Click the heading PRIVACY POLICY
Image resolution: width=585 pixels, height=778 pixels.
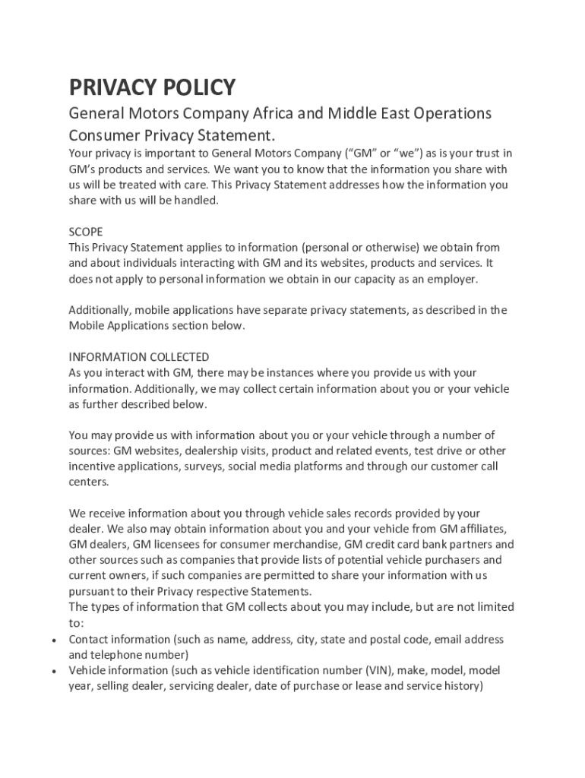(x=152, y=87)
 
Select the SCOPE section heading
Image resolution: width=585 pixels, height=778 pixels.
(x=86, y=232)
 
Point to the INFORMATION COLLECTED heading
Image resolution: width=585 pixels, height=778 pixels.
(x=139, y=357)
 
